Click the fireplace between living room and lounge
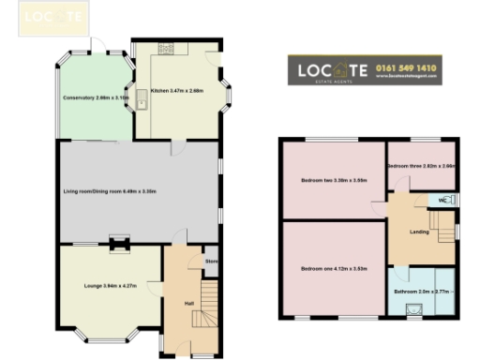point(118,244)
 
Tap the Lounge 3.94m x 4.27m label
point(111,284)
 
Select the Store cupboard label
point(212,262)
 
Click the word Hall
point(189,303)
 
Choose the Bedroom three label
point(421,165)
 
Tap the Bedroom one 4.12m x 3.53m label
point(333,269)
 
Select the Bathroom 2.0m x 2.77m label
point(421,293)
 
